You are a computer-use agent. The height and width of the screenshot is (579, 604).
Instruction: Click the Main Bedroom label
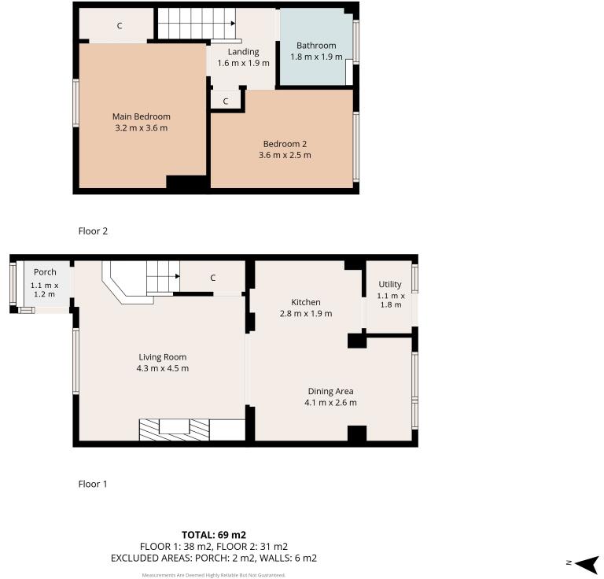(x=141, y=116)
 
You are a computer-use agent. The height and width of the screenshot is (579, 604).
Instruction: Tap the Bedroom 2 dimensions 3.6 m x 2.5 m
(x=285, y=155)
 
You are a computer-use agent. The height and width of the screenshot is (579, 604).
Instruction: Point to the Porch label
(x=45, y=272)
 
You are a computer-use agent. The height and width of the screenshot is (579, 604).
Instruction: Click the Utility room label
(x=390, y=285)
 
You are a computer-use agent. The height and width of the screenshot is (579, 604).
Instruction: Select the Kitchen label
(x=306, y=302)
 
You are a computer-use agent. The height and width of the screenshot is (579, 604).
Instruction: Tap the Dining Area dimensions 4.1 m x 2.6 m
(x=330, y=403)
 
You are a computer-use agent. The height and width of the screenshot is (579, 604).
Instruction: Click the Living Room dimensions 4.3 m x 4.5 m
(x=162, y=368)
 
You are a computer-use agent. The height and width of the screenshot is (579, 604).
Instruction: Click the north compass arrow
(x=586, y=563)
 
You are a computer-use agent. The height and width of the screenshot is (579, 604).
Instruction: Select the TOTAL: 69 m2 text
(x=213, y=535)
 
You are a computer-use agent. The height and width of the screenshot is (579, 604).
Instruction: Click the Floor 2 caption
(x=93, y=231)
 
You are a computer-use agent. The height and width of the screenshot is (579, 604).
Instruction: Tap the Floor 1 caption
(x=93, y=484)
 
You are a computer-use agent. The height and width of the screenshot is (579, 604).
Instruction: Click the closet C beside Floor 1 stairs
(x=212, y=278)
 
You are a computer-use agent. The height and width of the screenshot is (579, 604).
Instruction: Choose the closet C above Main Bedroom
(x=120, y=26)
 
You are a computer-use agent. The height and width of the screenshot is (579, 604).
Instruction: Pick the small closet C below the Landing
(x=226, y=101)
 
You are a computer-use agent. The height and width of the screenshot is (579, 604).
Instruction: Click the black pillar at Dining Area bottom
(x=357, y=433)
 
